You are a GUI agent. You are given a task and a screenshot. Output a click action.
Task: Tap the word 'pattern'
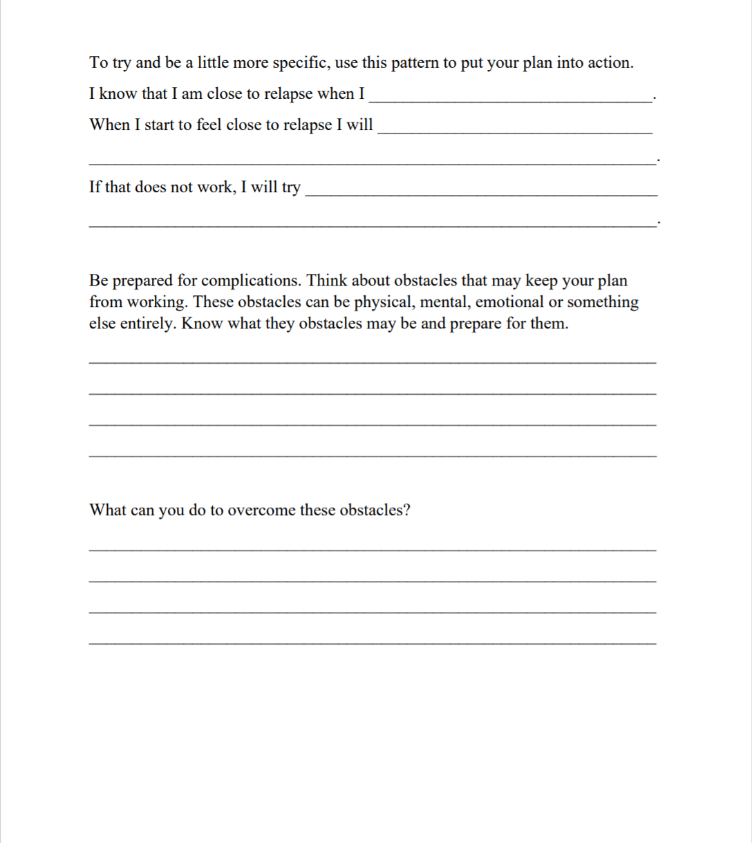(415, 63)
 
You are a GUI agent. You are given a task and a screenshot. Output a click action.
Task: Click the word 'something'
(603, 302)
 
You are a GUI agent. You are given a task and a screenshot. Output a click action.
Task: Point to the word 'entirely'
(150, 324)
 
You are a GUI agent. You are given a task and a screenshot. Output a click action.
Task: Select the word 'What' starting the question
(107, 510)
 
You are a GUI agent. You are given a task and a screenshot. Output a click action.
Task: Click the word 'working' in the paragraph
(155, 302)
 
